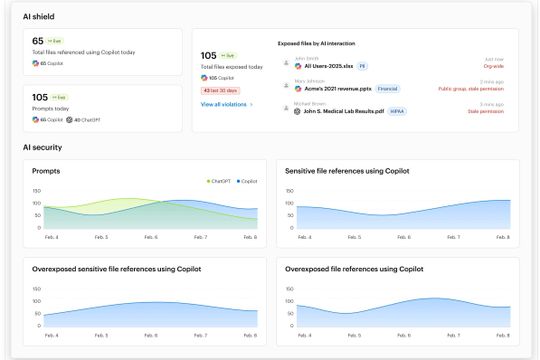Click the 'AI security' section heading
41,147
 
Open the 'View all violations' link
226,104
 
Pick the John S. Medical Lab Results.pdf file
345,110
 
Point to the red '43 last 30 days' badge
220,90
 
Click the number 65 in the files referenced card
38,41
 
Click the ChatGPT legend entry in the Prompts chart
221,181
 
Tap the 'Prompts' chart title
46,171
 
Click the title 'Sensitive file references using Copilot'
346,171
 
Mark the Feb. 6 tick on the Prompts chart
151,237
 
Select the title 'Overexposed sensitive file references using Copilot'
123,269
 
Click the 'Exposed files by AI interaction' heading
316,44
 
